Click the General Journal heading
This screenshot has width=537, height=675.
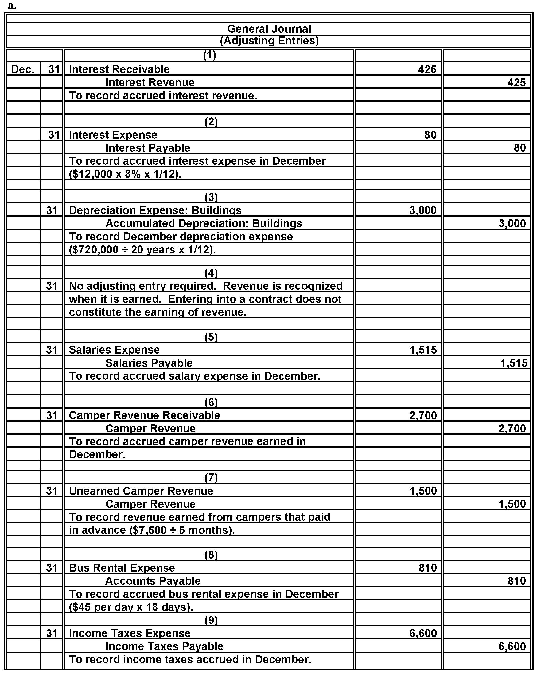269,29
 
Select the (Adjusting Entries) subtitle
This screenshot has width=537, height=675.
269,41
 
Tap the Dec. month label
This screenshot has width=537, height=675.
22,69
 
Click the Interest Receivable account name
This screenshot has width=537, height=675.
119,69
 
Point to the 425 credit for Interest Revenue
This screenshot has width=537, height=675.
516,82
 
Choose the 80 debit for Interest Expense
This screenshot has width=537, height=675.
430,135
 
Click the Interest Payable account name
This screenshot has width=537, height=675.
147,148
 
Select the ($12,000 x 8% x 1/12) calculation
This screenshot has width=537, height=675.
125,174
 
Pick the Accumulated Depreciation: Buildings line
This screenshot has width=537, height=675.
204,223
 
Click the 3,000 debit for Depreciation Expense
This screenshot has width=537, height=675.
423,210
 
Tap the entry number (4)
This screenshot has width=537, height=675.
211,273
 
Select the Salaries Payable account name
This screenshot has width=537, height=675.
149,363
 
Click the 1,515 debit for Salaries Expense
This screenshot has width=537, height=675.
423,350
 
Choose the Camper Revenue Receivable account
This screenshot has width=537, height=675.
145,415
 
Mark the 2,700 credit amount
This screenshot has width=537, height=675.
512,428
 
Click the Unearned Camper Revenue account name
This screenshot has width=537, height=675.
141,491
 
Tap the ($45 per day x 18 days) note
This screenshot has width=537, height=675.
131,607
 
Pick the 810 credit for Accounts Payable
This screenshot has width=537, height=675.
516,581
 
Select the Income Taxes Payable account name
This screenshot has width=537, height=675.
164,646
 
